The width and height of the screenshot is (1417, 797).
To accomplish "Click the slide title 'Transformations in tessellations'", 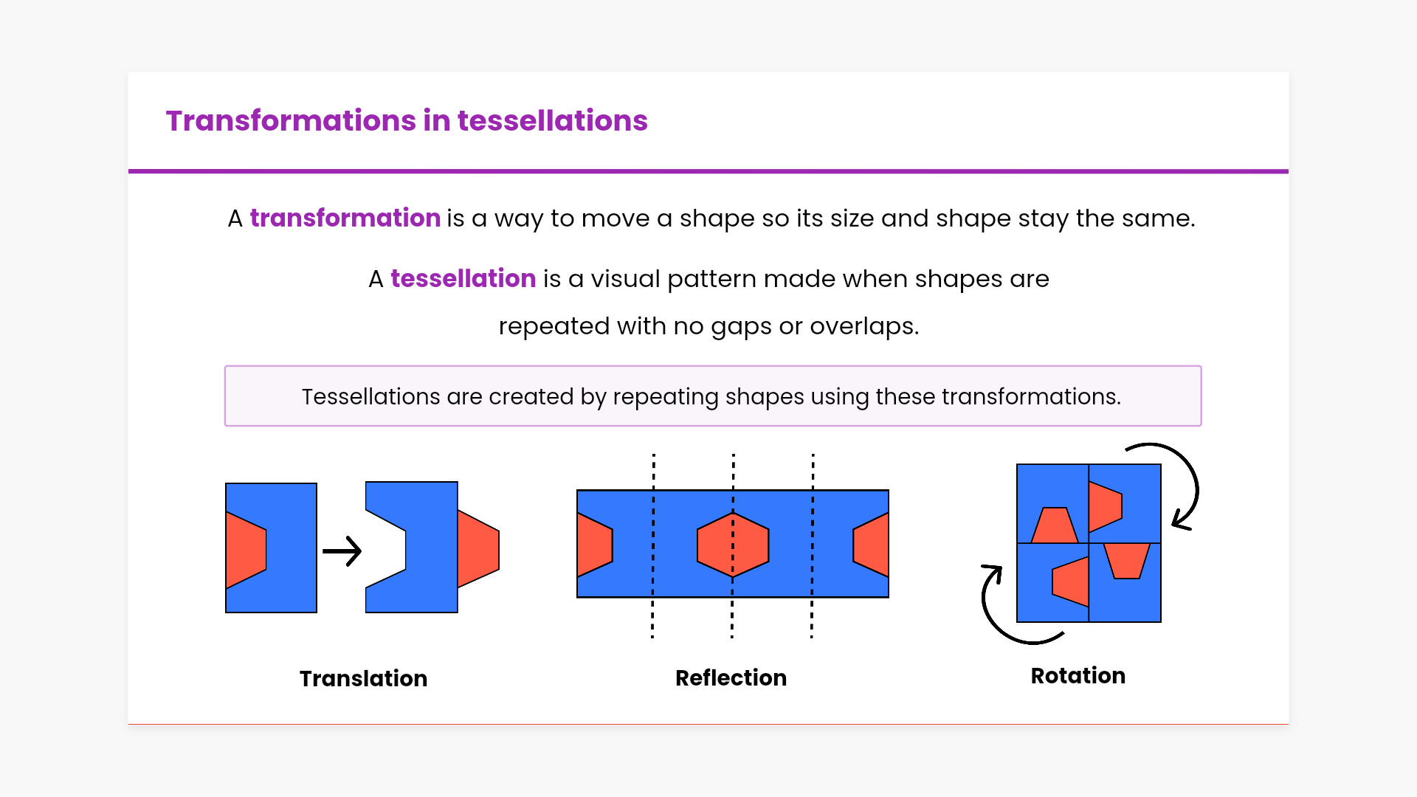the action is [x=407, y=120].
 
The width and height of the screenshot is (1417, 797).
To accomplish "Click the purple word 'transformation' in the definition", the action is [x=345, y=218].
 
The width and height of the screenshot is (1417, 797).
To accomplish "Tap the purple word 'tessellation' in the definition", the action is [x=463, y=279].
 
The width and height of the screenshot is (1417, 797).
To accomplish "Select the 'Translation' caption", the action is [x=363, y=679].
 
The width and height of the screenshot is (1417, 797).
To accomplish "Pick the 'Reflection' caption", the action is [x=731, y=678].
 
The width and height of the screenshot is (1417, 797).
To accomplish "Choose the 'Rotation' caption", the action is [x=1078, y=676].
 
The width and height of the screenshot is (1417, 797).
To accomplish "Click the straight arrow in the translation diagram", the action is [x=342, y=551].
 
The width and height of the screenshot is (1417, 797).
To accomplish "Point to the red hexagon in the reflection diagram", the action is [x=733, y=545].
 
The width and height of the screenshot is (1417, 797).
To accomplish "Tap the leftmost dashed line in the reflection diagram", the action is [x=653, y=546].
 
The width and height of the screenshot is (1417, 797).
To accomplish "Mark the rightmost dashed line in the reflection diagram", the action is [x=813, y=546].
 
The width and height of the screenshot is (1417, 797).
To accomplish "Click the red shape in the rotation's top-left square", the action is [x=1055, y=525].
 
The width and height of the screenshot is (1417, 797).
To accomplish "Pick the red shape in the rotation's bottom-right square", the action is [x=1127, y=561].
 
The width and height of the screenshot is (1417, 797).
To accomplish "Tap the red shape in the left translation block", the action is [x=246, y=551].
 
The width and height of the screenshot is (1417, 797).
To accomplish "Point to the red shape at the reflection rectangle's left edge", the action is [x=595, y=545].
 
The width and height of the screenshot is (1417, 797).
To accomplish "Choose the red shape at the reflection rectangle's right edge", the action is [x=871, y=545].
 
